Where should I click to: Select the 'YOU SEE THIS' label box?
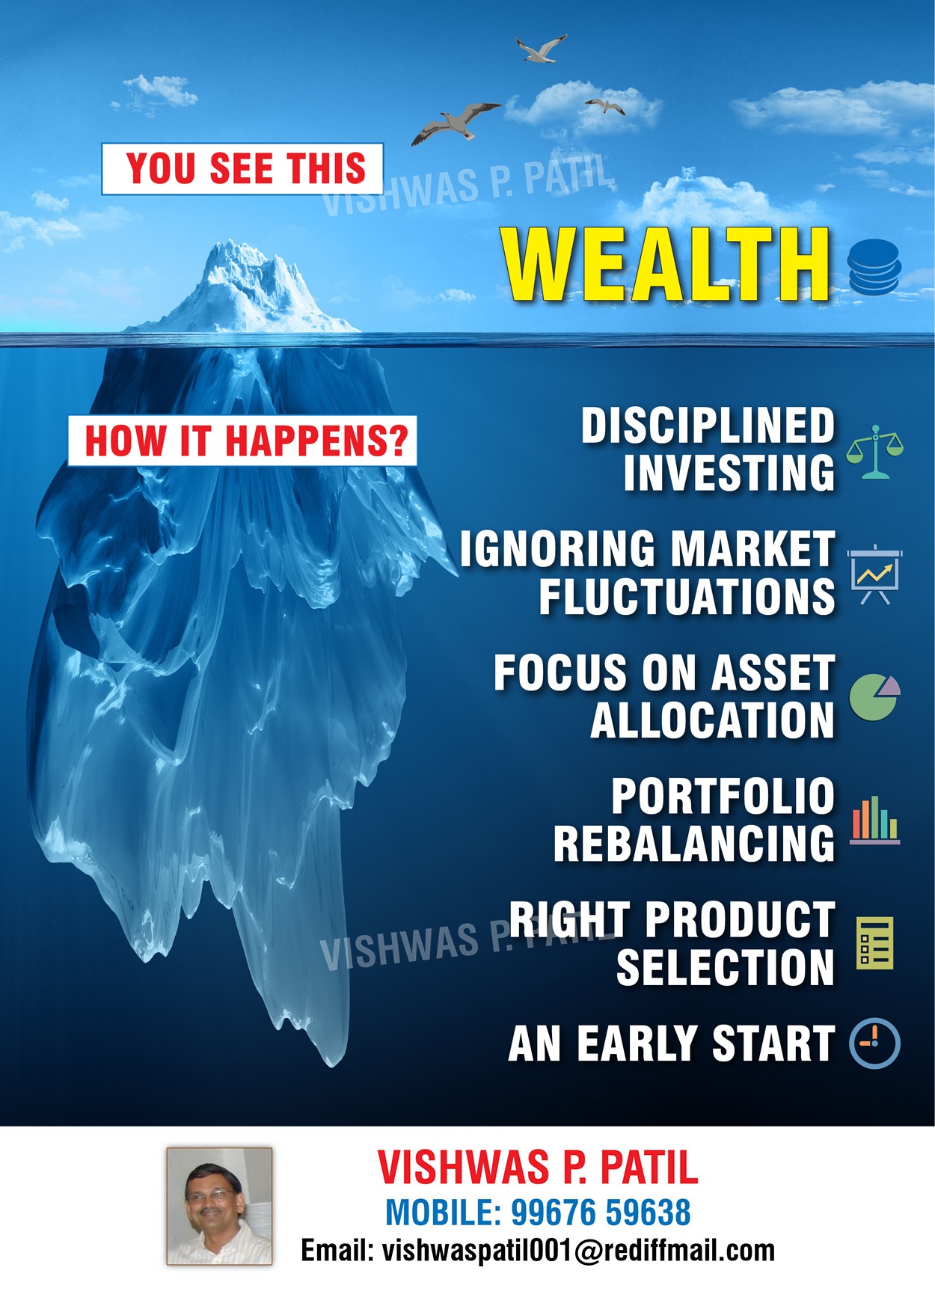[x=242, y=169]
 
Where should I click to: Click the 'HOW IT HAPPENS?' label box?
[x=242, y=441]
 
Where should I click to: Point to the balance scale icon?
[x=874, y=452]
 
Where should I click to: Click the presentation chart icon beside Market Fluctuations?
[x=874, y=574]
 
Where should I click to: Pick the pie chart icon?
[x=874, y=696]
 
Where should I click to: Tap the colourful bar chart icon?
[x=874, y=820]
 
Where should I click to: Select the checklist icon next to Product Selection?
[x=874, y=942]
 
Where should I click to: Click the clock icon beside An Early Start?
[x=874, y=1043]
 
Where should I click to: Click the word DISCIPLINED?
[x=708, y=426]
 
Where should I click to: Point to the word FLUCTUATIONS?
[x=687, y=596]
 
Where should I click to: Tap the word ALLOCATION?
[x=712, y=720]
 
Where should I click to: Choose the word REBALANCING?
[x=693, y=843]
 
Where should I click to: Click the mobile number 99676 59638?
[x=601, y=1213]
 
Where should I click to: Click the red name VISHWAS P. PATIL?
[x=538, y=1167]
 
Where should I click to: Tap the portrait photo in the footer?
[x=219, y=1207]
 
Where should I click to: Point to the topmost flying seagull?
[x=541, y=49]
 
